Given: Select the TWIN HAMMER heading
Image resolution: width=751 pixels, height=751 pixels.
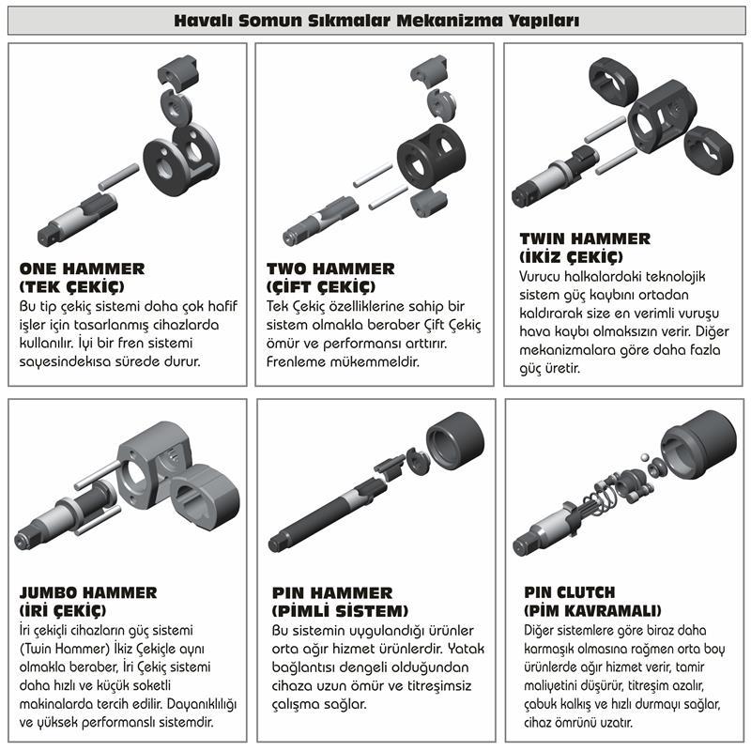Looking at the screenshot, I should [584, 238].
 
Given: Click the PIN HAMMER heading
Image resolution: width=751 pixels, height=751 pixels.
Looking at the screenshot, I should [331, 592].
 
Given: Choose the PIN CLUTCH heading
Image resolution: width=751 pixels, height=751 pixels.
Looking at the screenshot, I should [570, 592].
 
